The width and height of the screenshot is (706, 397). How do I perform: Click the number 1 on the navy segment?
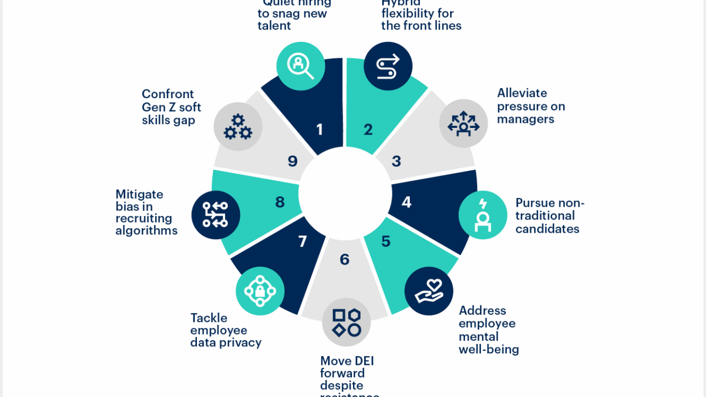pyautogui.click(x=319, y=130)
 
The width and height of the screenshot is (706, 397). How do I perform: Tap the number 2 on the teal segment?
pyautogui.click(x=368, y=130)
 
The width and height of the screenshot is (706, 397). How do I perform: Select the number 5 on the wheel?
pyautogui.click(x=386, y=242)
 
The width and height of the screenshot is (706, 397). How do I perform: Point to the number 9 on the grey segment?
pyautogui.click(x=293, y=161)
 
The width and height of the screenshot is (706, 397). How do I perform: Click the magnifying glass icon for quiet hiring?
pyautogui.click(x=300, y=66)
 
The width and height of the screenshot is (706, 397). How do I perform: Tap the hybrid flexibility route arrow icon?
pyautogui.click(x=388, y=66)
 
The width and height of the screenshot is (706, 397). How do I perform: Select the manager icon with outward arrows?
pyautogui.click(x=463, y=124)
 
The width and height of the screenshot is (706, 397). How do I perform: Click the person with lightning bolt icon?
pyautogui.click(x=483, y=215)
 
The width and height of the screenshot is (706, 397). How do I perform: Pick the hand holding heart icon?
pyautogui.click(x=429, y=291)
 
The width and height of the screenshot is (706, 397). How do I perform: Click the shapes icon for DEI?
pyautogui.click(x=346, y=323)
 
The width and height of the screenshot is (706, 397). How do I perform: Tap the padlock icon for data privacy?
pyautogui.click(x=260, y=291)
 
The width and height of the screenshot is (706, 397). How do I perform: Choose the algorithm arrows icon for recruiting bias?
pyautogui.click(x=216, y=215)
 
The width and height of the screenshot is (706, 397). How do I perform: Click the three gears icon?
pyautogui.click(x=238, y=127)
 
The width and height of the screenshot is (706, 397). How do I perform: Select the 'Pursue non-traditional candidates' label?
pyautogui.click(x=549, y=216)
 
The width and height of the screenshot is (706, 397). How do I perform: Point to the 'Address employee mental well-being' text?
pyautogui.click(x=489, y=330)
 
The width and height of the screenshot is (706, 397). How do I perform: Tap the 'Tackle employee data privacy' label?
pyautogui.click(x=226, y=330)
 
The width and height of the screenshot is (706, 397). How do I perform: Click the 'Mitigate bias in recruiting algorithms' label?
pyautogui.click(x=146, y=212)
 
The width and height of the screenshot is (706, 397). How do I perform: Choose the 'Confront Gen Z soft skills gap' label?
pyautogui.click(x=171, y=107)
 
